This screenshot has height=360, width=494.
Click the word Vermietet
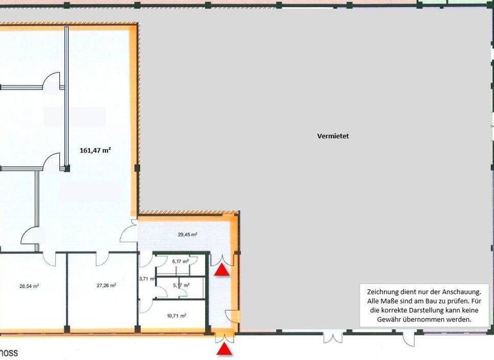click(x=333, y=136)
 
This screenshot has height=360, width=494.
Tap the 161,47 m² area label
click(x=95, y=150)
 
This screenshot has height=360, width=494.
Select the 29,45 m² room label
click(x=187, y=235)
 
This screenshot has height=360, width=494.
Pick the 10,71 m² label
click(x=176, y=316)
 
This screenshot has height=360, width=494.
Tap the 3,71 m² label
click(x=147, y=278)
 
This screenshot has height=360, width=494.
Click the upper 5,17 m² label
click(x=181, y=261)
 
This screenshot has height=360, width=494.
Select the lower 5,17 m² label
click(x=181, y=285)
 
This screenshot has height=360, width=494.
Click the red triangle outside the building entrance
click(x=223, y=349)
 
